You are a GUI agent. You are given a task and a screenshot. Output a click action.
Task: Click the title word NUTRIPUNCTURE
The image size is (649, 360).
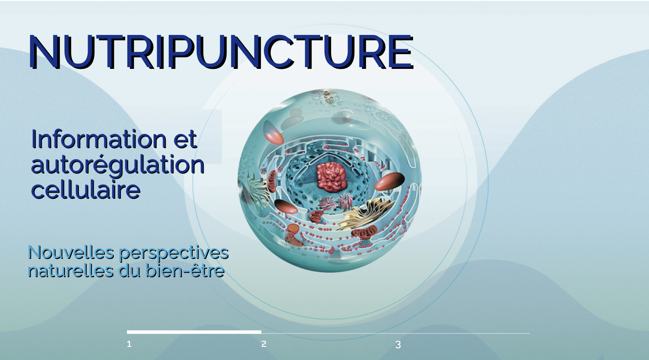[221, 52]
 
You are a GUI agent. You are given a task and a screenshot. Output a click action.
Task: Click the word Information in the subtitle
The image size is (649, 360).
[99, 139]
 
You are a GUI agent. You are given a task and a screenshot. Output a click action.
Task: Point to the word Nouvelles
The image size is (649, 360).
[71, 252]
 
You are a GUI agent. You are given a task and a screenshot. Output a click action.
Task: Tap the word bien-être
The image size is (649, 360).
[185, 271]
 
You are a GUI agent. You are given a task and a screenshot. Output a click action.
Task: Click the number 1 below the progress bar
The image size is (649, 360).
[129, 344]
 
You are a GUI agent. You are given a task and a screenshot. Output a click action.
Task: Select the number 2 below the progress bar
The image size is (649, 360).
[263, 344]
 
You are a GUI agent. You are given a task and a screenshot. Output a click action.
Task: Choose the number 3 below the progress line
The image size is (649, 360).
[398, 345]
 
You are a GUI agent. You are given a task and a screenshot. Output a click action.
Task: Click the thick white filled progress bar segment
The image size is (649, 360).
[194, 332]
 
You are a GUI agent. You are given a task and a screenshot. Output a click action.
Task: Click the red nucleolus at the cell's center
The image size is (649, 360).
[331, 177]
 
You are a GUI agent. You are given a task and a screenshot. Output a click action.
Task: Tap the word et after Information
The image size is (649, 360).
[185, 140]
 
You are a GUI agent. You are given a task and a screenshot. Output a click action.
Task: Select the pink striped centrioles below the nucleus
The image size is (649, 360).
[336, 203]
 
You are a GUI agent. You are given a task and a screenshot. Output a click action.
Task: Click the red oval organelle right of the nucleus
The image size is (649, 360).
[389, 181]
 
